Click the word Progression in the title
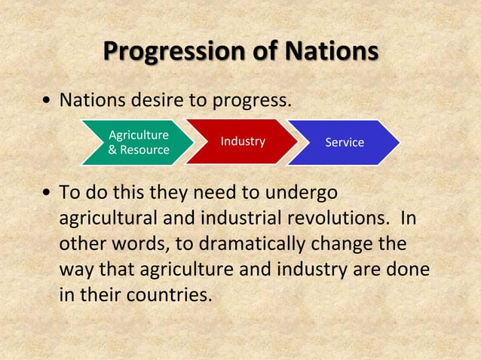tap(173, 52)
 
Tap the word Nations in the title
tap(331, 52)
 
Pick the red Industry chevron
tap(242, 142)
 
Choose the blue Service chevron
tap(344, 142)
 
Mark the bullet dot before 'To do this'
tap(47, 194)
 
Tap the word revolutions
tap(335, 218)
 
